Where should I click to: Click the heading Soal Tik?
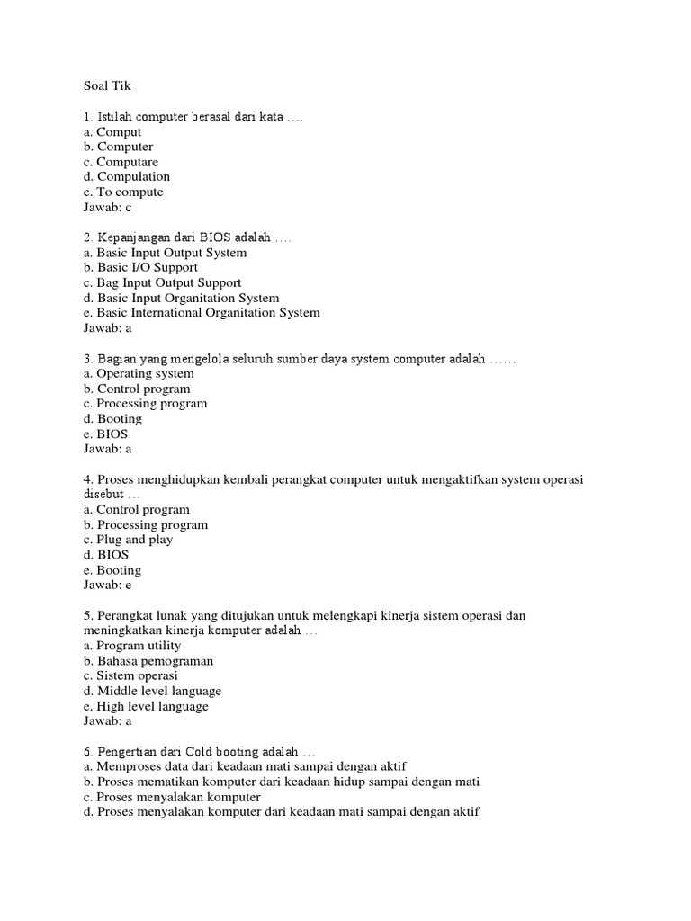pos(106,86)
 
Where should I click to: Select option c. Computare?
pos(121,162)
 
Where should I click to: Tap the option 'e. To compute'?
pos(123,192)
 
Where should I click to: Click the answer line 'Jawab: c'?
pos(107,207)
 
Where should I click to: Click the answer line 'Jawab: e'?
pos(107,585)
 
